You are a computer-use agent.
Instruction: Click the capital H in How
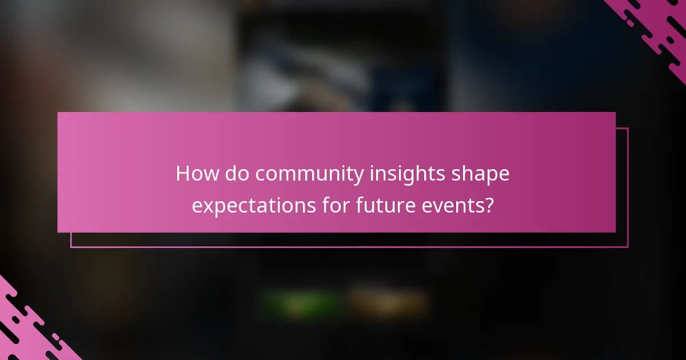click(183, 174)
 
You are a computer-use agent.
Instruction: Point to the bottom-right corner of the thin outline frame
click(628, 247)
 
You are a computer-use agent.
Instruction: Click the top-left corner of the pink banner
click(58, 113)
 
